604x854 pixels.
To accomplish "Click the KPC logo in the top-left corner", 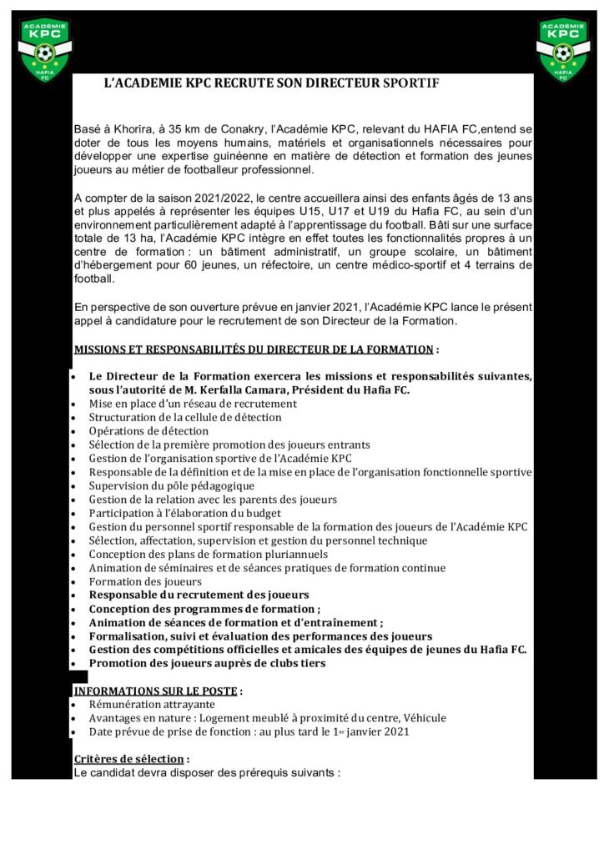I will pyautogui.click(x=45, y=50).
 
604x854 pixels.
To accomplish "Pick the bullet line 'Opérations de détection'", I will pyautogui.click(x=148, y=431).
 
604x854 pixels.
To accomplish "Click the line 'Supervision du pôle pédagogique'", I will pyautogui.click(x=172, y=485).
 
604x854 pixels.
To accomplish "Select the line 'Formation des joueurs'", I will pyautogui.click(x=145, y=581).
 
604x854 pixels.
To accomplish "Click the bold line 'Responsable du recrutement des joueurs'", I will pyautogui.click(x=199, y=595).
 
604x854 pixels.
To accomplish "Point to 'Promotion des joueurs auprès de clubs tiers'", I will pyautogui.click(x=207, y=663).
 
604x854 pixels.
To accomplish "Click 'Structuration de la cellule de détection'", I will pyautogui.click(x=185, y=417).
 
